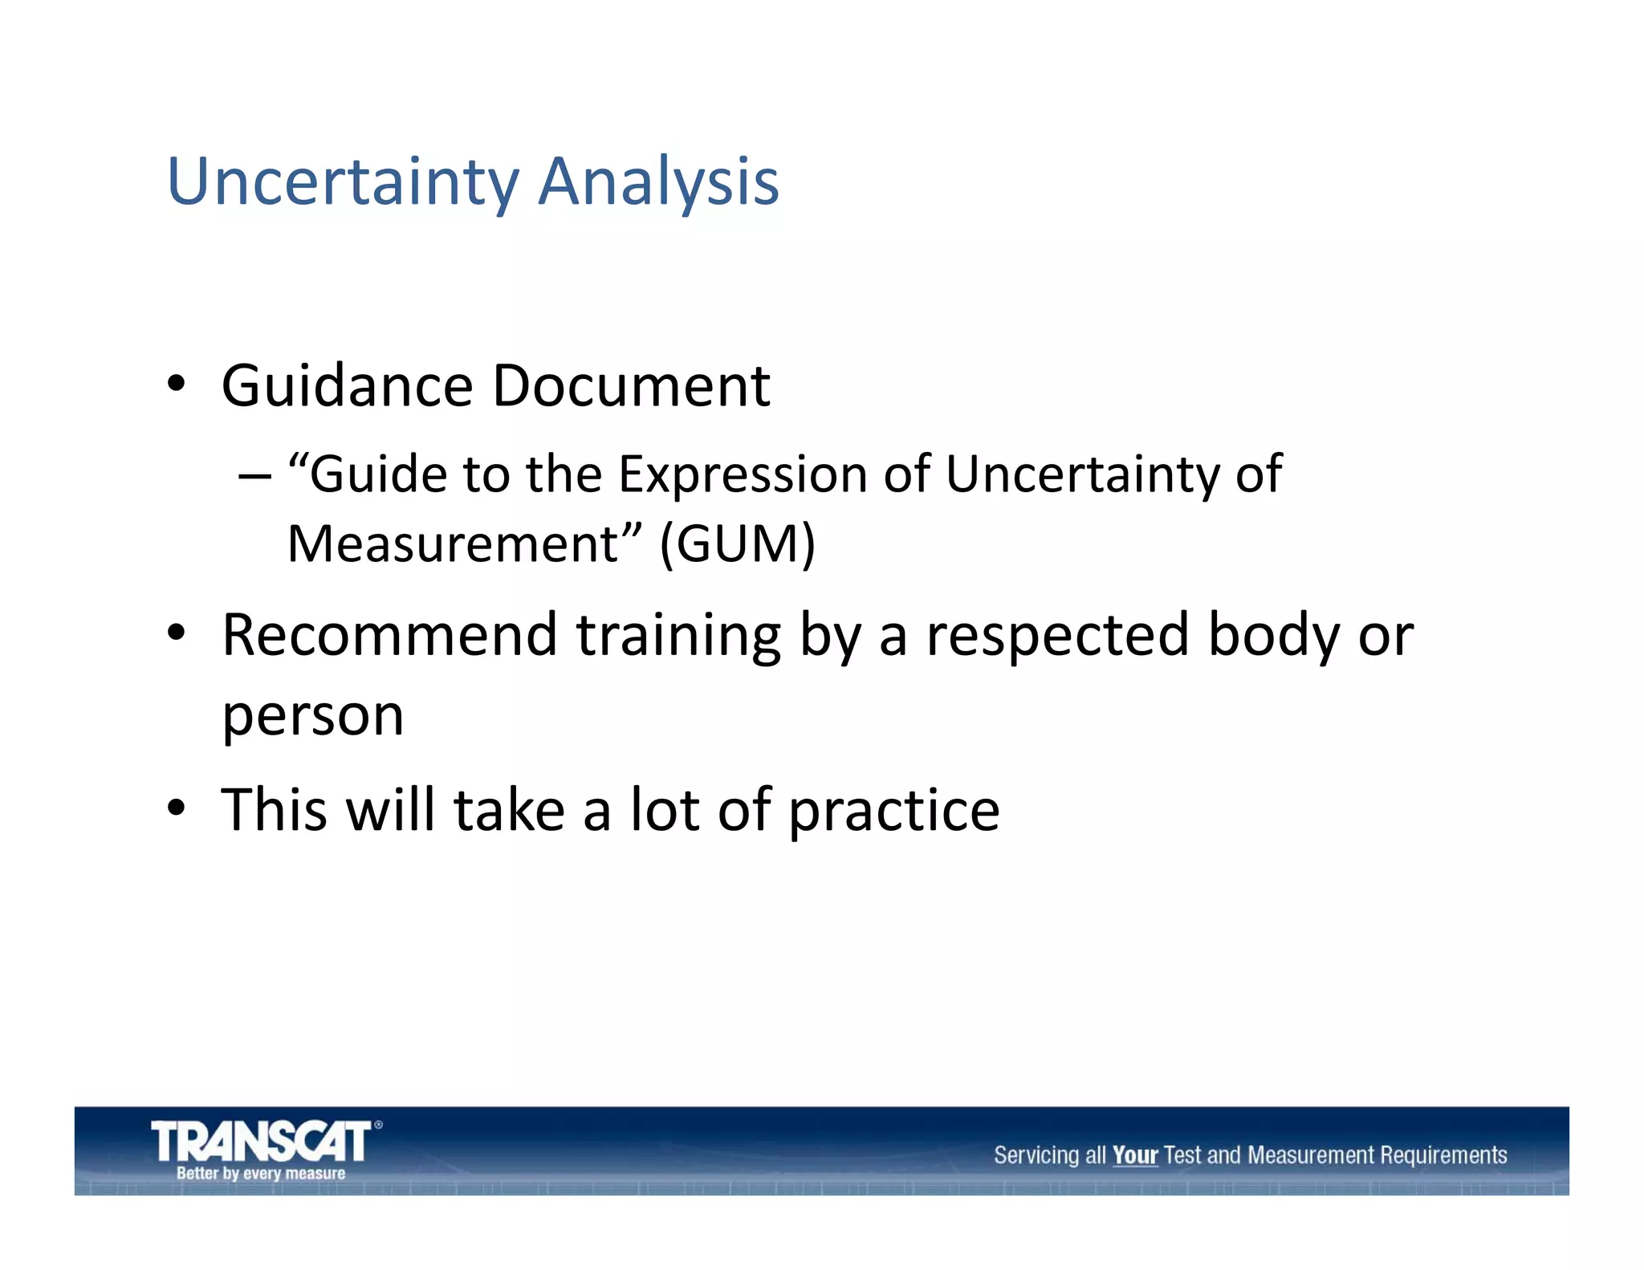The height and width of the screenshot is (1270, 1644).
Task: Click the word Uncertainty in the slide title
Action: coord(343,182)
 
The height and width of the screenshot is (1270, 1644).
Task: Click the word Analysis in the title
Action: coord(658,182)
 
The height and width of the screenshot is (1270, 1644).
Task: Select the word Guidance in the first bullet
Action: coord(347,386)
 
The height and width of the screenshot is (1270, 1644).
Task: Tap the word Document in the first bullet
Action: coord(631,386)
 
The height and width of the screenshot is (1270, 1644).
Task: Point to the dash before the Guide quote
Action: coord(254,475)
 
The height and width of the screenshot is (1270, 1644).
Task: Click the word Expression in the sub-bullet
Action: coord(743,474)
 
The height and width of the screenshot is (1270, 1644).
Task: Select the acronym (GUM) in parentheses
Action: coord(737,544)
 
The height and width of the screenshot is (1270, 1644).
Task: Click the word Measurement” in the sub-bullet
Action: coord(465,544)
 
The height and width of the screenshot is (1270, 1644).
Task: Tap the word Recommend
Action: coord(389,636)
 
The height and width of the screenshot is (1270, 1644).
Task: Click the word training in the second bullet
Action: coord(678,636)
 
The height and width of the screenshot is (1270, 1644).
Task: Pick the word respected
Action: coord(1056,636)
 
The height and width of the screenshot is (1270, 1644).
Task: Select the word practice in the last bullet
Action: coord(893,811)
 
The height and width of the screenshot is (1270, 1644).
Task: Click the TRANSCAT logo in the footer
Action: coord(261,1142)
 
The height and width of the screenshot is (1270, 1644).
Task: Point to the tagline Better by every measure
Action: coord(261,1174)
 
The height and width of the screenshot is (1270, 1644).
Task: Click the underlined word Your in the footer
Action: coord(1134,1155)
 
